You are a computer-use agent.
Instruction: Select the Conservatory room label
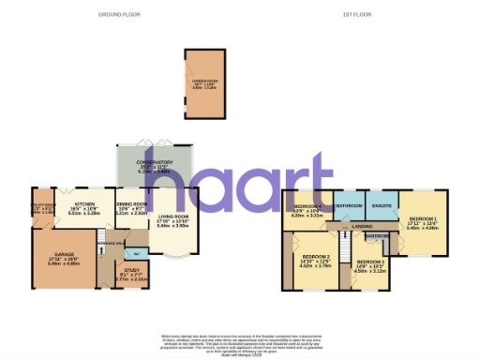[155, 162]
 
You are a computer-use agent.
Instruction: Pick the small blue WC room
[137, 253]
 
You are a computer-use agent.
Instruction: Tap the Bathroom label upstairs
[350, 204]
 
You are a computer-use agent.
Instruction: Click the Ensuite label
[382, 204]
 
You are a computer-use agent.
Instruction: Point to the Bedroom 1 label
[422, 221]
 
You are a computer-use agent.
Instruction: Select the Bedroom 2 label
[316, 255]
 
